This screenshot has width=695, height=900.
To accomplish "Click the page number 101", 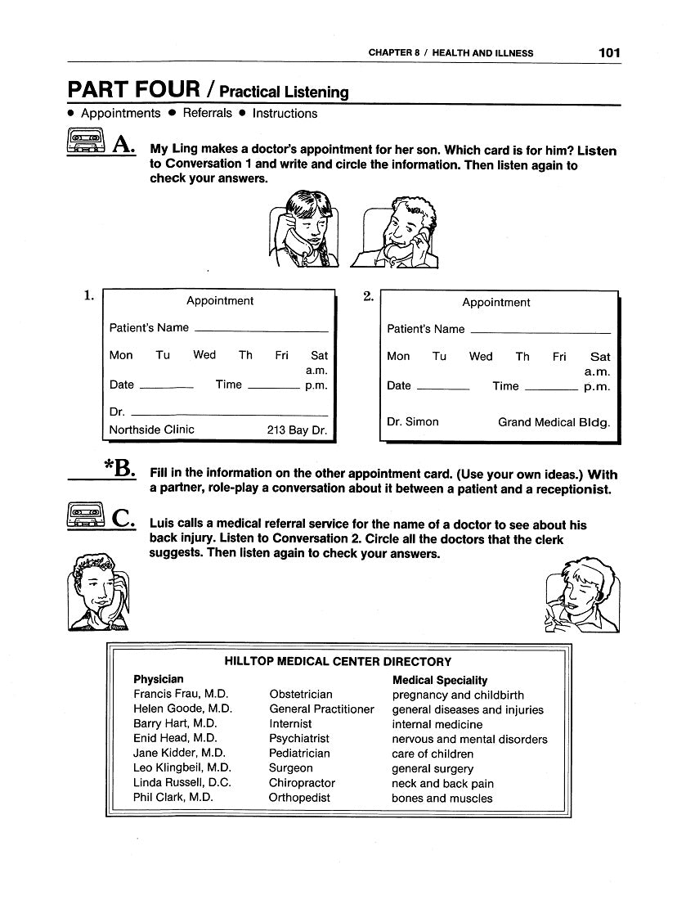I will [609, 52].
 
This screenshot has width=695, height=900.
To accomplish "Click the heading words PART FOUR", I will [133, 88].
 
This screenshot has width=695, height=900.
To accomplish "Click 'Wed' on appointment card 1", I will [204, 355].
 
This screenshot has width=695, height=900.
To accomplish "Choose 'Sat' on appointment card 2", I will [600, 357].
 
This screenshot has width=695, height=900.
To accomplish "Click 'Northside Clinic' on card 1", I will [152, 429].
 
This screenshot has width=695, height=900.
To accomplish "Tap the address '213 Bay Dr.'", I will [297, 430].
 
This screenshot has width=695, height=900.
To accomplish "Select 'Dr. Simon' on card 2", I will [413, 422].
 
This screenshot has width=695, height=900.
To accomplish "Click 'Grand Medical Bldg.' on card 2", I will [554, 423].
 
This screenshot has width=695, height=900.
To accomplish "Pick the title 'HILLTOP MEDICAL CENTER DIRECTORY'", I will [338, 661].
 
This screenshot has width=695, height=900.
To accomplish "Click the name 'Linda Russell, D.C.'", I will [182, 783].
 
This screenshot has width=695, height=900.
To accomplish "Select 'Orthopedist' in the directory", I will [299, 798].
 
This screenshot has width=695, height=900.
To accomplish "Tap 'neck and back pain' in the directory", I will [442, 783].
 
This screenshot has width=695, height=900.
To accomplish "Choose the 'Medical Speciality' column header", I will [440, 680].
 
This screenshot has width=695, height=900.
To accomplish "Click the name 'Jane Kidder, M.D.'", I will [179, 754].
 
